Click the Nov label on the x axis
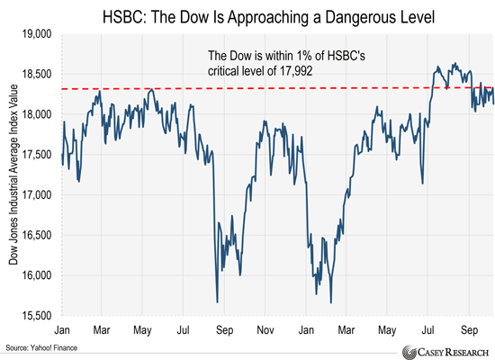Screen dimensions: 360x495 click(265, 329)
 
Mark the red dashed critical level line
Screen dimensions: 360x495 click(270, 89)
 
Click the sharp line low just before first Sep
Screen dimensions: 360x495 click(217, 301)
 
